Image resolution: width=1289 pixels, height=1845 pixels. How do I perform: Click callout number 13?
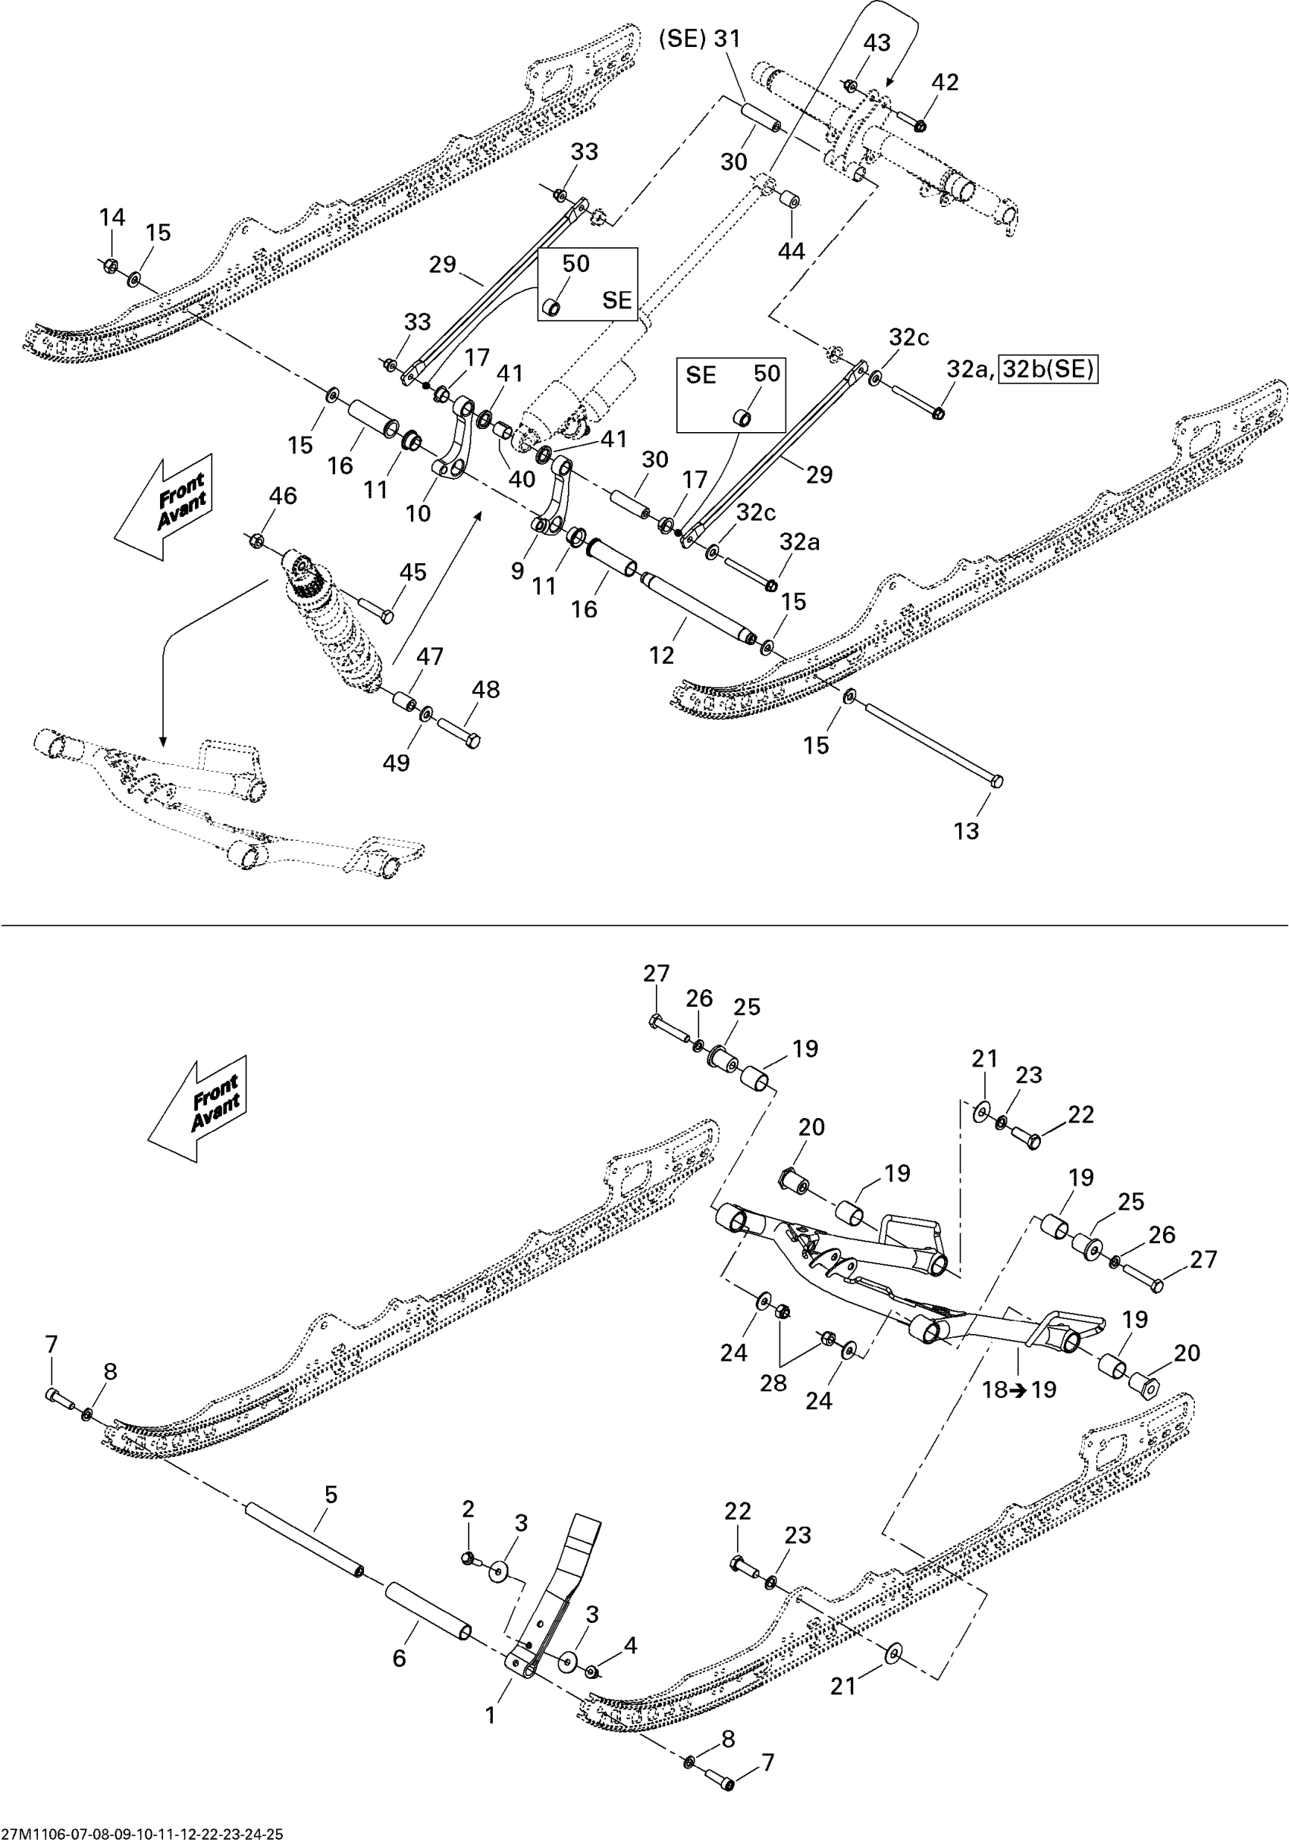966,831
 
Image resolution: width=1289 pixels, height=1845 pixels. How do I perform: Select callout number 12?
661,656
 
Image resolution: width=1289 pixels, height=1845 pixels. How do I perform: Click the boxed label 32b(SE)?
1049,369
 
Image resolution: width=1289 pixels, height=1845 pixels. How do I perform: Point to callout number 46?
283,496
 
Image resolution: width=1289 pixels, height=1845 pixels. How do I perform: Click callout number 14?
112,217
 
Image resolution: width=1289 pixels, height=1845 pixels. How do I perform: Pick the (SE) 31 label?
699,39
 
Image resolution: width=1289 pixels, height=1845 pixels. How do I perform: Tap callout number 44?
791,252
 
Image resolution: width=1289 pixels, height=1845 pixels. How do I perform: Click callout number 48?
485,690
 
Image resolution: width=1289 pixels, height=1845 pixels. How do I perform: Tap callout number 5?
331,1495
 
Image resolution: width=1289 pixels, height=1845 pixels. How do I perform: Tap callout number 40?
522,479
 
